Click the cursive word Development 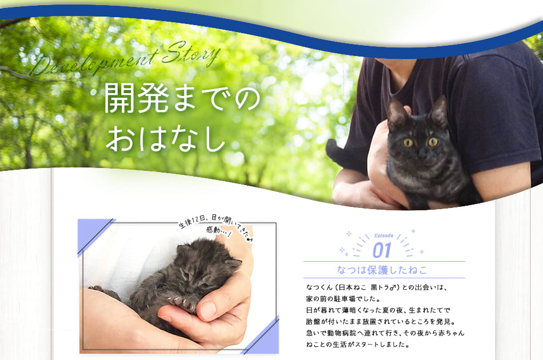94,63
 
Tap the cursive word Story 191,54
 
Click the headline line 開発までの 182,98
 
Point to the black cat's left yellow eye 408,142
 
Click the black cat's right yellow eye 433,142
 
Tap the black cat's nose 421,154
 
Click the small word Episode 384,236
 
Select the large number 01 382,250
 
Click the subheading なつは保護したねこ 382,270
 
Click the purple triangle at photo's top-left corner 91,232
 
